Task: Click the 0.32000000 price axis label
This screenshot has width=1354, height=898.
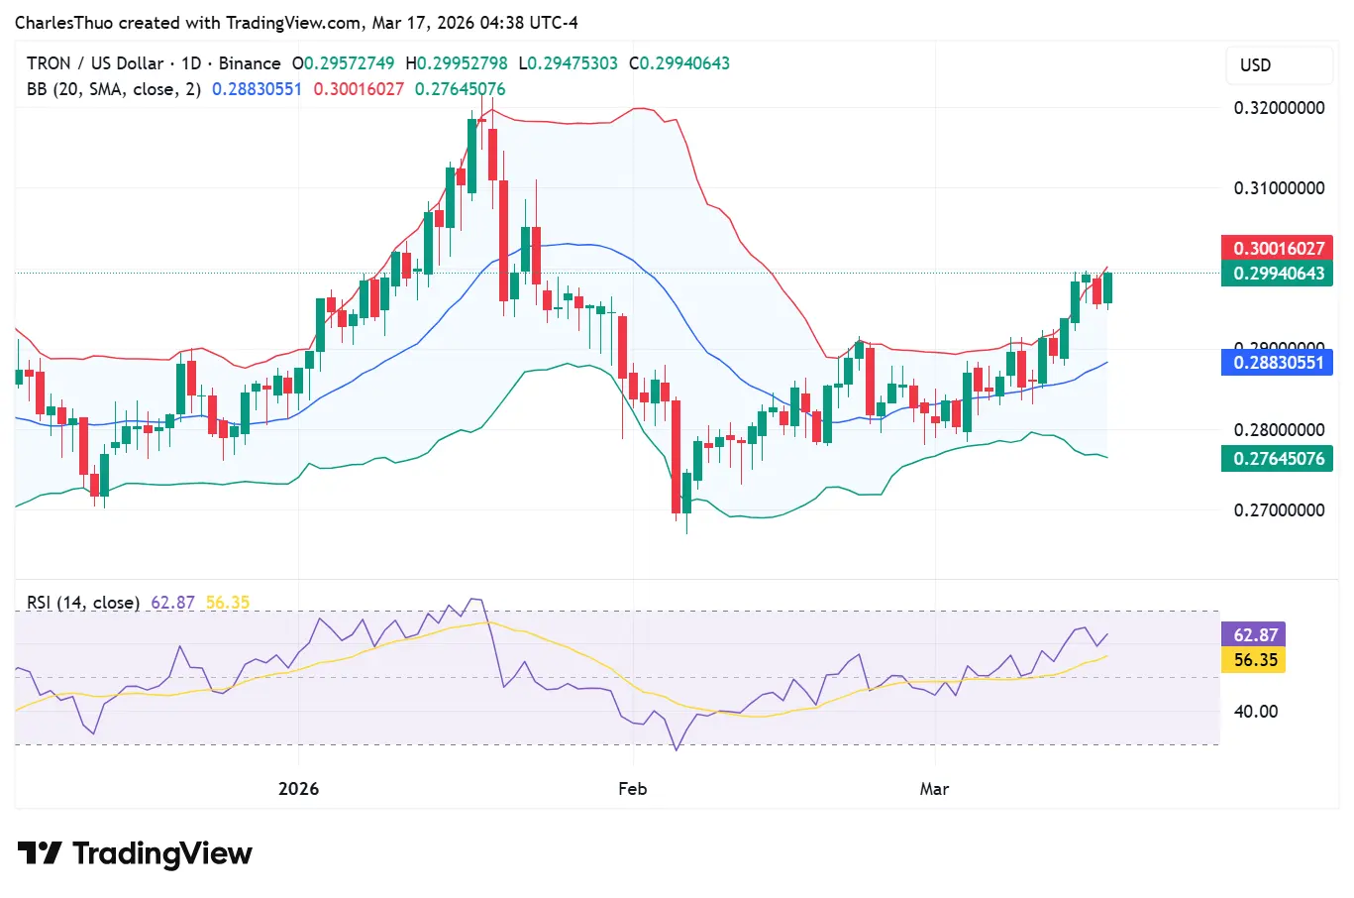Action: [1279, 108]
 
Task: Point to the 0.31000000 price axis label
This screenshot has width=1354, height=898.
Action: [1279, 188]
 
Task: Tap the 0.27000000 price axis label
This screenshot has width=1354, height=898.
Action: [1279, 510]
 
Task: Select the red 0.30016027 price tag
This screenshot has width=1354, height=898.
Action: [1277, 248]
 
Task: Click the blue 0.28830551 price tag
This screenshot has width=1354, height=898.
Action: [1277, 363]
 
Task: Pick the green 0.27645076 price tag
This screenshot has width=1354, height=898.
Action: [1277, 459]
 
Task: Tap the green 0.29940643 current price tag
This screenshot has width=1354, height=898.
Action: [1277, 274]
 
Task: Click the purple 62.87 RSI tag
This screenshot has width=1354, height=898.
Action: [1254, 635]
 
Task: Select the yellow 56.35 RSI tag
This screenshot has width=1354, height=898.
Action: [1254, 660]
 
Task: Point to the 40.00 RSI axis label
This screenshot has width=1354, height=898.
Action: [1255, 712]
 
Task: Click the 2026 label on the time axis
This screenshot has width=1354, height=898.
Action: [298, 789]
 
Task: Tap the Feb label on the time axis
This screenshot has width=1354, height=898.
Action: [632, 789]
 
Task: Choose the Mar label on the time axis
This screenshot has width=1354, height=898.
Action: [934, 789]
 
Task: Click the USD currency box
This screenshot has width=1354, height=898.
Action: [1278, 65]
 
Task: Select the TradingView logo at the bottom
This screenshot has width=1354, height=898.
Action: [136, 853]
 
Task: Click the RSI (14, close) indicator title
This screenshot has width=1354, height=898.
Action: [83, 603]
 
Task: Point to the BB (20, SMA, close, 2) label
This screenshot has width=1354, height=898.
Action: [114, 89]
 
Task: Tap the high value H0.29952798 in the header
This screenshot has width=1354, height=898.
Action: [457, 63]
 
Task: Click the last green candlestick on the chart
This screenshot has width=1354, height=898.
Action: [1107, 287]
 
